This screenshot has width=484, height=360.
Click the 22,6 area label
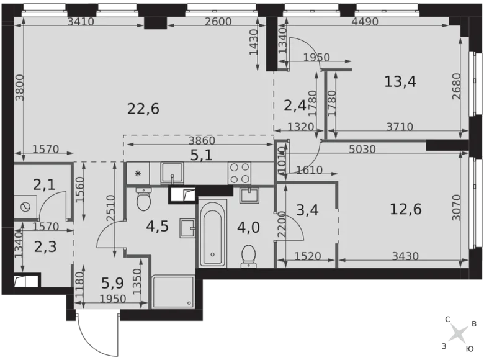143,109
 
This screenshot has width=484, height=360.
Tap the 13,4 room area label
400,81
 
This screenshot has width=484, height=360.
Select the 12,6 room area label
406,209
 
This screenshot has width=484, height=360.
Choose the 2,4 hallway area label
294,106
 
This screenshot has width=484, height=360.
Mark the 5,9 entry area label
114,284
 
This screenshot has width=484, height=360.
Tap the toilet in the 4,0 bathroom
249,254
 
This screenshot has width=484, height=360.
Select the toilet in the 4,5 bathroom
143,200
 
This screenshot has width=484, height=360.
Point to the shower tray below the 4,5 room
172,292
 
